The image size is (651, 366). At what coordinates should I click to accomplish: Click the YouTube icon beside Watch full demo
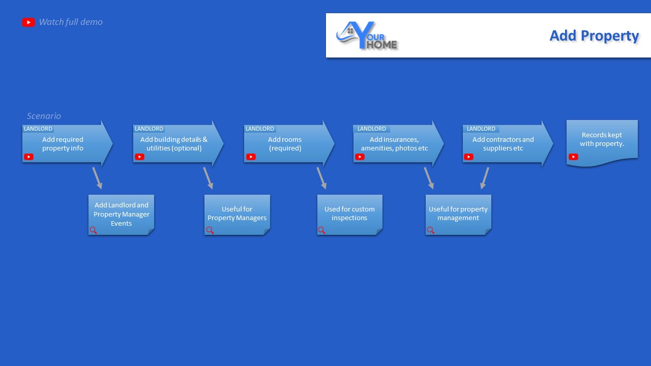tap(28, 22)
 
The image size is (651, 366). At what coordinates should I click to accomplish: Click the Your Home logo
tap(367, 36)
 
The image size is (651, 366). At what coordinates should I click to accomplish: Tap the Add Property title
tap(594, 36)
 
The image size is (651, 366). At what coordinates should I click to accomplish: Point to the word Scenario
tap(44, 116)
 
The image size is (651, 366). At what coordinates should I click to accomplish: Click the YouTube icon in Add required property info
tap(28, 157)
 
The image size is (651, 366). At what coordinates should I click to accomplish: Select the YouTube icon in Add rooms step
tap(251, 157)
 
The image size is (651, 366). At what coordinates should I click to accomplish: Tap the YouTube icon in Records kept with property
tap(573, 157)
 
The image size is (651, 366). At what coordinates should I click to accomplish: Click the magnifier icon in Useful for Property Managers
tap(210, 230)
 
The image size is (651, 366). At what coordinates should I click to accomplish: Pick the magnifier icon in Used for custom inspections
tap(322, 230)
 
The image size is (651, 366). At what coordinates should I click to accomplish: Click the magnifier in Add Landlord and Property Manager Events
tap(93, 230)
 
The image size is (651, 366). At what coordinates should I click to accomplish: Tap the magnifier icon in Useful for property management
tap(431, 230)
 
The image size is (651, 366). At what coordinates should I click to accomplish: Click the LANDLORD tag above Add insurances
tap(372, 129)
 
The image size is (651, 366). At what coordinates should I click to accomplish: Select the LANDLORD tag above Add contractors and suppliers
tap(481, 129)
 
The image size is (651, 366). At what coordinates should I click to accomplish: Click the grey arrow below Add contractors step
tap(485, 178)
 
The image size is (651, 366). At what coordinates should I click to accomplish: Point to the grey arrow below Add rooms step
tap(322, 178)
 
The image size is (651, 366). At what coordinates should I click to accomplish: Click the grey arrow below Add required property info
tap(97, 178)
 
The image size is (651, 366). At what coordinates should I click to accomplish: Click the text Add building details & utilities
tap(174, 144)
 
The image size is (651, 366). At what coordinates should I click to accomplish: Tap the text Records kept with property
tap(602, 139)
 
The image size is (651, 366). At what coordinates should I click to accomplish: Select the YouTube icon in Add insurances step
tap(360, 157)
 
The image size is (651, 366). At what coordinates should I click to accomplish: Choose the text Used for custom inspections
tap(349, 213)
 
